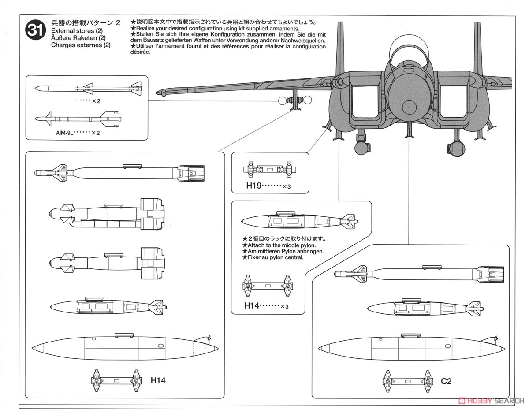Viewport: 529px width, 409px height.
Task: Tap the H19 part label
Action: point(254,186)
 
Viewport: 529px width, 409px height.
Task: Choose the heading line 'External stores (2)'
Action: point(76,31)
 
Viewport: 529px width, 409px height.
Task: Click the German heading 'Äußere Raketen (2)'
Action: point(78,38)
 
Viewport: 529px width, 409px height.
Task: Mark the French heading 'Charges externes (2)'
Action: point(81,45)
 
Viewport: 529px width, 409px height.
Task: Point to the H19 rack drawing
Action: point(269,169)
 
